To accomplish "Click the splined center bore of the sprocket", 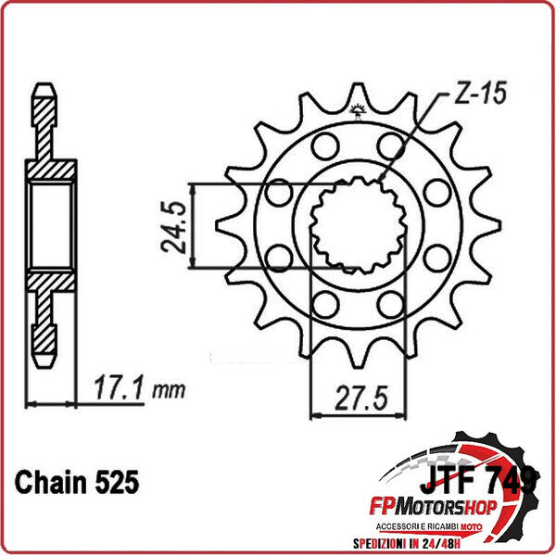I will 358,227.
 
